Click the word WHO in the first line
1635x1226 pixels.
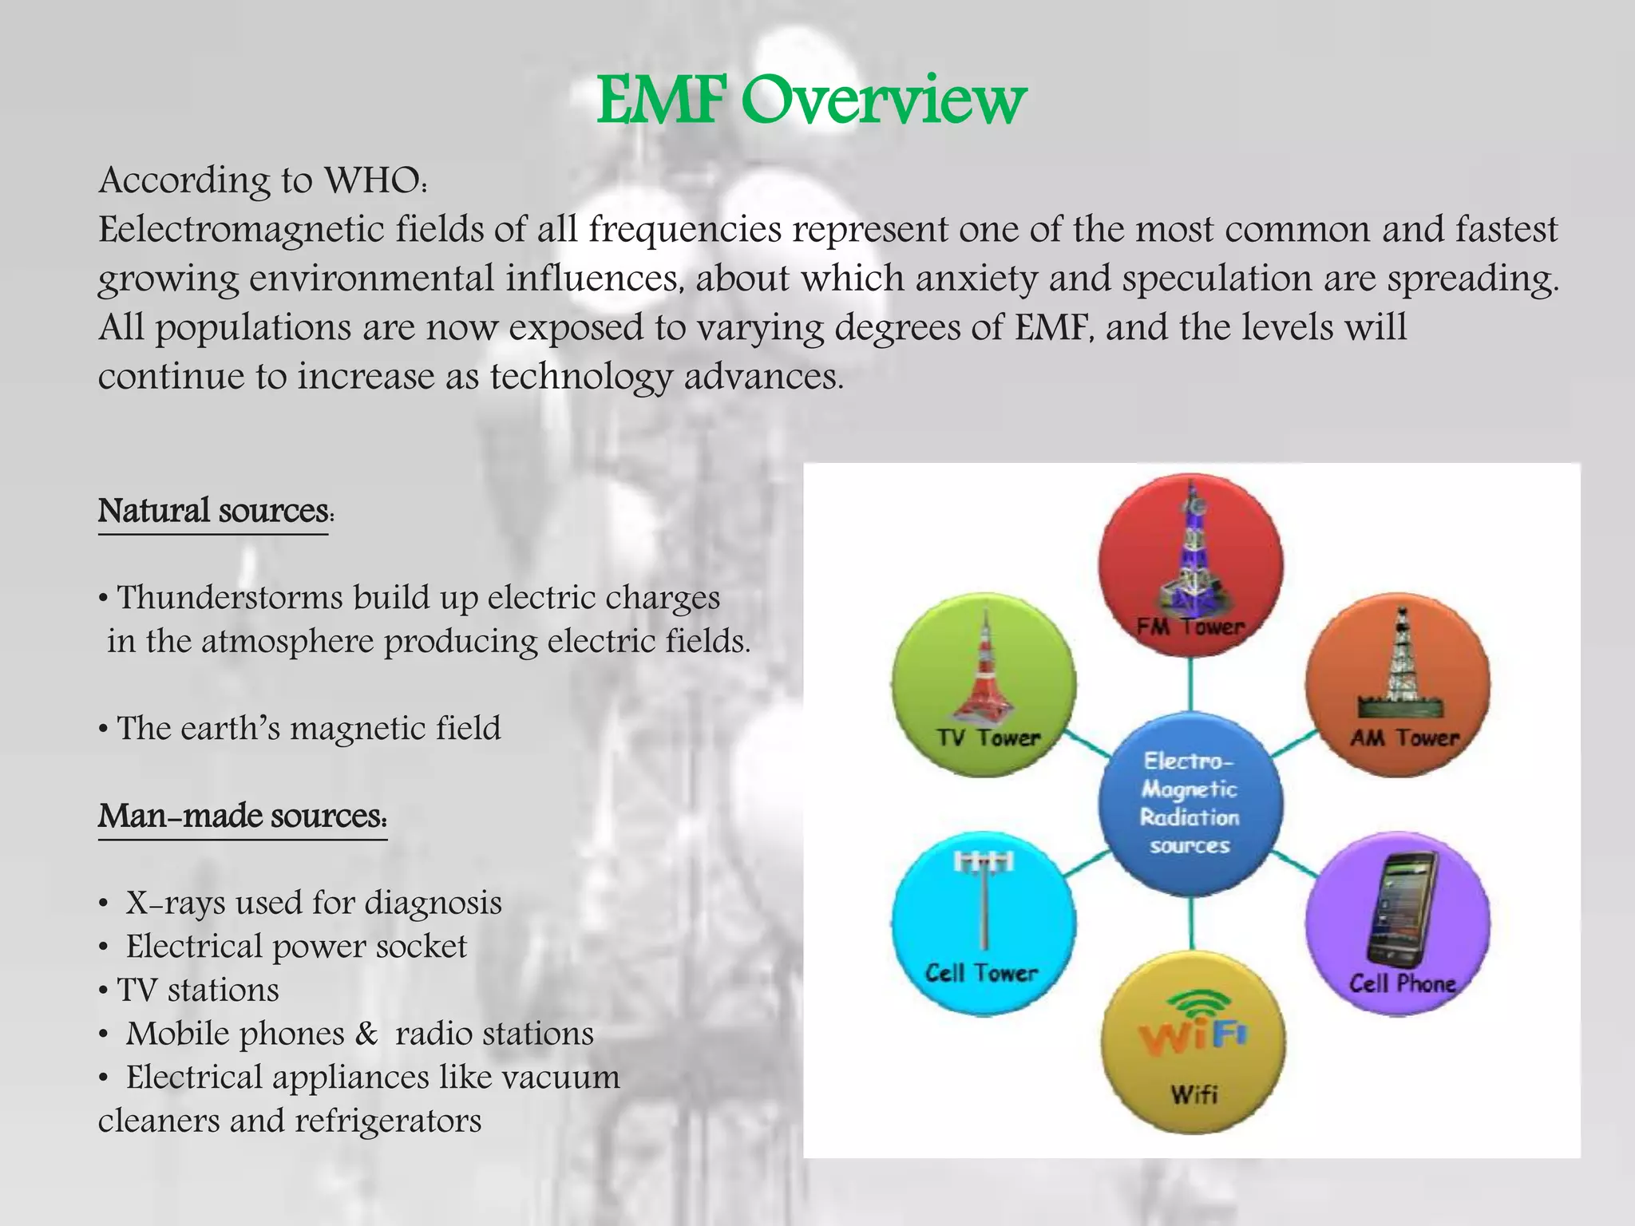(x=372, y=180)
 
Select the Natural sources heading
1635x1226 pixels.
(x=214, y=511)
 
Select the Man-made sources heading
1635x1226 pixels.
(x=242, y=816)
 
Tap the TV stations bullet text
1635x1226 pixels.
(x=198, y=991)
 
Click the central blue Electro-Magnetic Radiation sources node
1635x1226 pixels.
(x=1190, y=803)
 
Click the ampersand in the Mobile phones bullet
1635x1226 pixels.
(x=366, y=1034)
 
